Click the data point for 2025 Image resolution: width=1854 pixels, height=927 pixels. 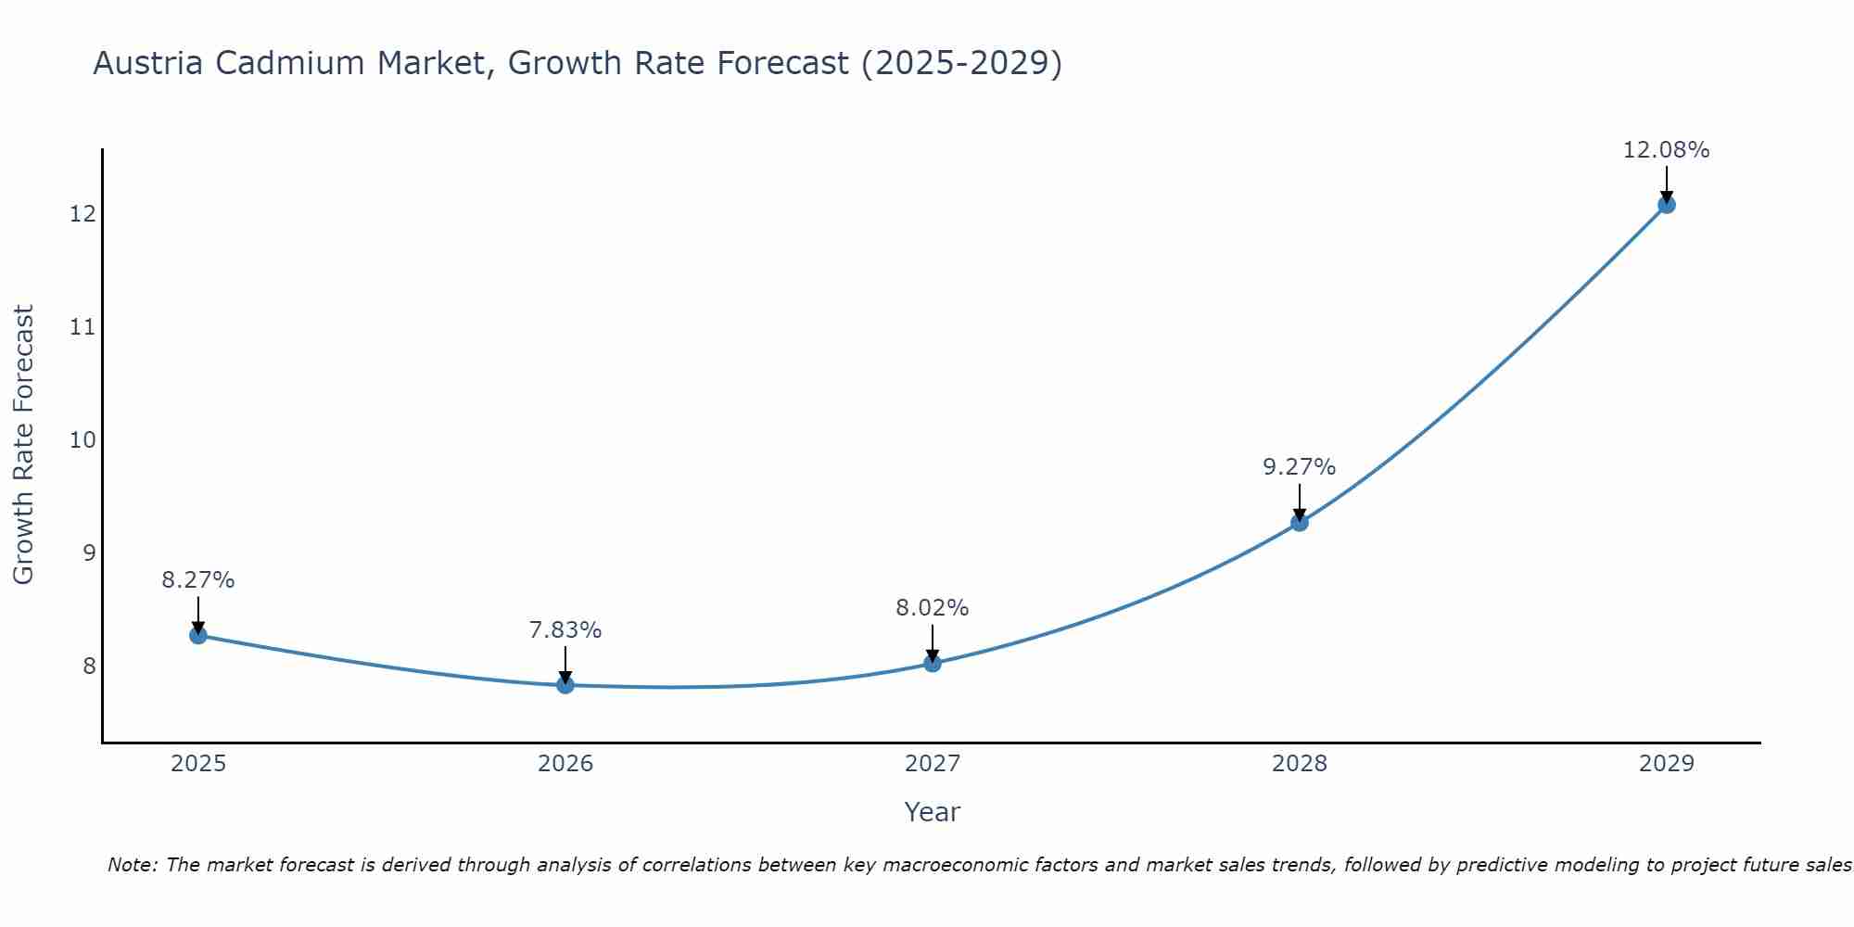click(197, 635)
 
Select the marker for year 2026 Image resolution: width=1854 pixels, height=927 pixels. click(565, 685)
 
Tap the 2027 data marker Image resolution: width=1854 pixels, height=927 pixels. click(933, 663)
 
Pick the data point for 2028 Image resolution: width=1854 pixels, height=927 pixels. click(1300, 522)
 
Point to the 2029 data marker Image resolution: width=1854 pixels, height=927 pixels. click(1666, 205)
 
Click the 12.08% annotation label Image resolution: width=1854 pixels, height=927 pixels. click(1666, 150)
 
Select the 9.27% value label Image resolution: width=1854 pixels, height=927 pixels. click(1299, 467)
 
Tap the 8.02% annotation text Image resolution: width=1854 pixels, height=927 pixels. click(932, 608)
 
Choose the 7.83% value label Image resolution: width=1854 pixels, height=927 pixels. click(565, 630)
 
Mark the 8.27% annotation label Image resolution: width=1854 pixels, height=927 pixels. click(197, 580)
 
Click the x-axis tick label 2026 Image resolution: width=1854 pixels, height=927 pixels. click(565, 764)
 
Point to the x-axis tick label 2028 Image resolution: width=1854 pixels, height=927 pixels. click(1300, 764)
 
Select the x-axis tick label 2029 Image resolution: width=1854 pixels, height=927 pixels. click(1666, 764)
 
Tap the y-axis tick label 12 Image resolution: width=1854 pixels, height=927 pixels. click(83, 214)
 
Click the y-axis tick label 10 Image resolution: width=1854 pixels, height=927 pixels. click(83, 439)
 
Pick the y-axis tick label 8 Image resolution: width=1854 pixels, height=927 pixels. click(89, 666)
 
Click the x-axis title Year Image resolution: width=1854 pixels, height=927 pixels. click(932, 812)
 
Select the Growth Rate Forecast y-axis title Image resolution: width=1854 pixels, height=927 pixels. click(23, 445)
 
